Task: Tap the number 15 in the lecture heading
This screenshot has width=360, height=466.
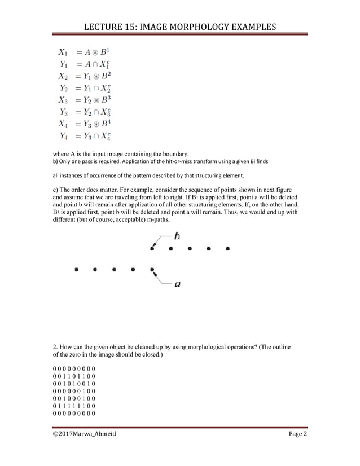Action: pos(133,27)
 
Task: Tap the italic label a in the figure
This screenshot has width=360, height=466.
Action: pos(177,284)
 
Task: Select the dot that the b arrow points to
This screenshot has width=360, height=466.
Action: pos(152,248)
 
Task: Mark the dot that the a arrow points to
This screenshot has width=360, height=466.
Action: pos(152,270)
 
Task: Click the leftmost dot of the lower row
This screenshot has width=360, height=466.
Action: pos(76,270)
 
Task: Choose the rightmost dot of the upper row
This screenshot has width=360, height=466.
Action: pos(227,248)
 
